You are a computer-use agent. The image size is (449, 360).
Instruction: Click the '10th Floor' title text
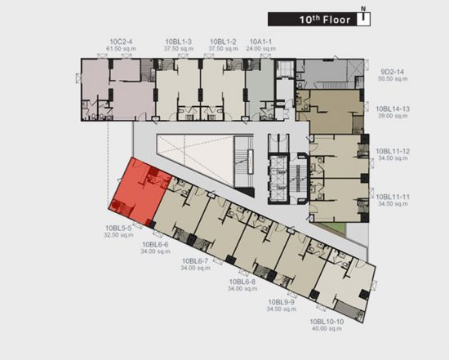325,20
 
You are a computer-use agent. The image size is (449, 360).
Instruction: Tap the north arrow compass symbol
363,16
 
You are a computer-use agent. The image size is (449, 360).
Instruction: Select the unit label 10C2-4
121,42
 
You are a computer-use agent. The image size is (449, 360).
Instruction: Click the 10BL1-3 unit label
179,42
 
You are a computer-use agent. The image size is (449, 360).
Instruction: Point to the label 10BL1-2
223,42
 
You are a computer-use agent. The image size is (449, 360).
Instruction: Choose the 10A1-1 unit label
261,42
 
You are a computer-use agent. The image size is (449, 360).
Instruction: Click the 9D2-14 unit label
393,72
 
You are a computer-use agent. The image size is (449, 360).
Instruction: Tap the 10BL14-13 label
393,109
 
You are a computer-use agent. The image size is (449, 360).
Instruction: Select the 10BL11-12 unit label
393,151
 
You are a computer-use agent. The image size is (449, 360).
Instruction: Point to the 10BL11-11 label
393,197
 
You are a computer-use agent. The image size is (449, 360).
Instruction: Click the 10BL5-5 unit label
118,229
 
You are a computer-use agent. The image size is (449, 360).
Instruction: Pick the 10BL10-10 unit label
327,322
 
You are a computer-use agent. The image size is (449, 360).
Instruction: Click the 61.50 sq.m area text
121,49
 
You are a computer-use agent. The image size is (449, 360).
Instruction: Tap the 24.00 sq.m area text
261,49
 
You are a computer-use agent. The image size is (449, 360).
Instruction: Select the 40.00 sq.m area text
327,328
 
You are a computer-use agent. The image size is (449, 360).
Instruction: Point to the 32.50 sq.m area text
118,235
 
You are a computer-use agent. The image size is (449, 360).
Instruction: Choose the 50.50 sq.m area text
393,78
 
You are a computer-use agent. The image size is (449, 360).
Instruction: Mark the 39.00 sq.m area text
393,116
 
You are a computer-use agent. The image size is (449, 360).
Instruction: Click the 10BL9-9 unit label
281,302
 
